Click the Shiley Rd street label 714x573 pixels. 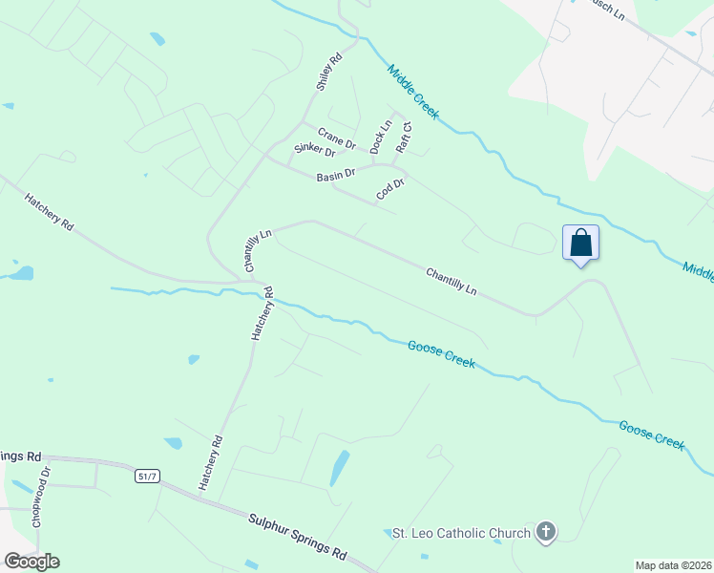tap(329, 74)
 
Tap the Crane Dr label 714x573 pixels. tap(337, 139)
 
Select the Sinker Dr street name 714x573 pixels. tap(314, 150)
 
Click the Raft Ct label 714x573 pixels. tap(404, 138)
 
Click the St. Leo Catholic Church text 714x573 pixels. tap(461, 533)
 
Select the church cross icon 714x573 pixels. tap(545, 532)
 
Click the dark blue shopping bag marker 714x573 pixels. tap(580, 244)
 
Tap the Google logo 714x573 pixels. tap(31, 562)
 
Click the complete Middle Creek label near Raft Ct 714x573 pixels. tap(413, 92)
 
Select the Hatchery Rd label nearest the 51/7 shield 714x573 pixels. tap(210, 463)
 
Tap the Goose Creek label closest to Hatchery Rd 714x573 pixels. tap(440, 353)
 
